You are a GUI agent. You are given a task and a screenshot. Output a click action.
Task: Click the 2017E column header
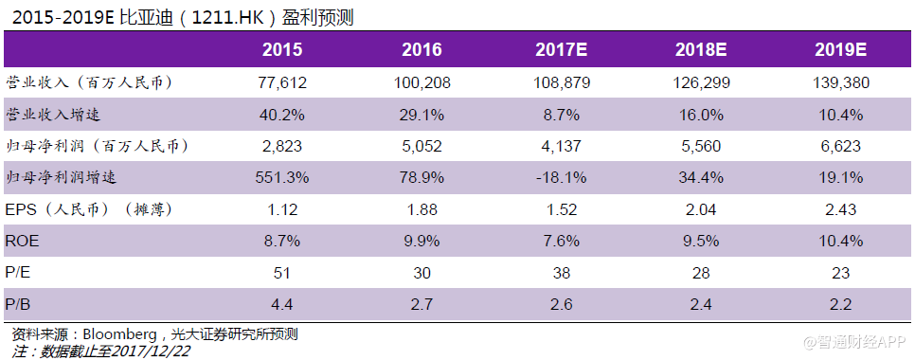click(x=562, y=50)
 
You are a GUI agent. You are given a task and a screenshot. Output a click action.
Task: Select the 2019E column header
click(x=840, y=50)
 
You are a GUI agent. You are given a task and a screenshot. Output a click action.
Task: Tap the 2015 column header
click(x=282, y=50)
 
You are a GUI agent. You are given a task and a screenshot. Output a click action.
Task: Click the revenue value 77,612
click(x=282, y=83)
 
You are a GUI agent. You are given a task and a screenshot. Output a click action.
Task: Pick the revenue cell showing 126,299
click(x=702, y=83)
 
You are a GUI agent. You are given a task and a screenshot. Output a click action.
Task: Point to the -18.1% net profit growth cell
click(x=562, y=177)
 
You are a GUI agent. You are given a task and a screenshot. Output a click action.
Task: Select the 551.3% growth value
click(x=282, y=177)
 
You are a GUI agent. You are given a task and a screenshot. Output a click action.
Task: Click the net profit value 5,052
click(x=422, y=146)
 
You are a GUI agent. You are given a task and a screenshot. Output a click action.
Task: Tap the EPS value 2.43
click(x=840, y=209)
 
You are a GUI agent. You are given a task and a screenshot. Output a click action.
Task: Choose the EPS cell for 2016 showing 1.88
click(x=422, y=209)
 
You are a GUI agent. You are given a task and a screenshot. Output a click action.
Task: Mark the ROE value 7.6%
click(x=562, y=242)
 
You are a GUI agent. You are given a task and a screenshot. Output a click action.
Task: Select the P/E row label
click(x=18, y=273)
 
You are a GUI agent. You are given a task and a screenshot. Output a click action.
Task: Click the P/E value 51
click(x=282, y=273)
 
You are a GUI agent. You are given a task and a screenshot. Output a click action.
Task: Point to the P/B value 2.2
click(x=840, y=305)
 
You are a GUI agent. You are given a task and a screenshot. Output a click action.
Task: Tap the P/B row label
click(x=18, y=305)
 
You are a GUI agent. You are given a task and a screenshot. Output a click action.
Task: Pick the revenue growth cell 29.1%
click(x=422, y=115)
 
